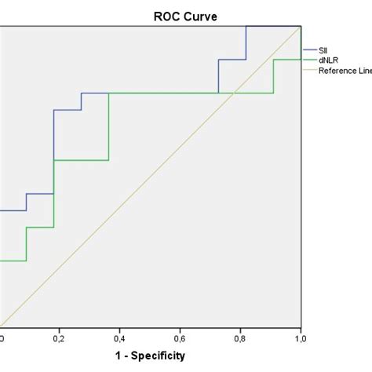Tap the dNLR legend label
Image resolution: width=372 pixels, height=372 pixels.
(328, 60)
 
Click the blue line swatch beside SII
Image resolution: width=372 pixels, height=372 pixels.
(309, 49)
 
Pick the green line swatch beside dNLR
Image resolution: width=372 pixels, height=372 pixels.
(309, 60)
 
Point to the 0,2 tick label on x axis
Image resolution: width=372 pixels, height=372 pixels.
(59, 338)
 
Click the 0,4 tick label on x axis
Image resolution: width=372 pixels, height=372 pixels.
(119, 338)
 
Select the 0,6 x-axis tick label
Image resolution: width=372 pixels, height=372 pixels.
(180, 338)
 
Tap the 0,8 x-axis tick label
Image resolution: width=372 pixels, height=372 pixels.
(240, 338)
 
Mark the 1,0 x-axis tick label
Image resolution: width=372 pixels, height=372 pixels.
(300, 338)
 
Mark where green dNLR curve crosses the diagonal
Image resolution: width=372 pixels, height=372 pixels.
(234, 93)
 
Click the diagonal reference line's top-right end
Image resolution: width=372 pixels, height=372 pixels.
(301, 27)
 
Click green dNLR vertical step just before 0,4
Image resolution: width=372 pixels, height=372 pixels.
(109, 126)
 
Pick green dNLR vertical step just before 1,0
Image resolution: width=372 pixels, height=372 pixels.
(273, 76)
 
